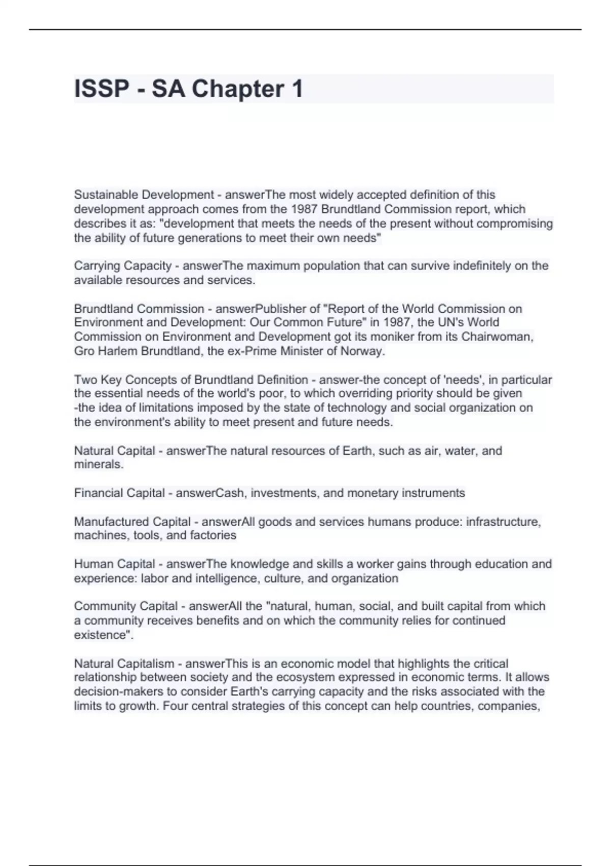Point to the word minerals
point(98,465)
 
